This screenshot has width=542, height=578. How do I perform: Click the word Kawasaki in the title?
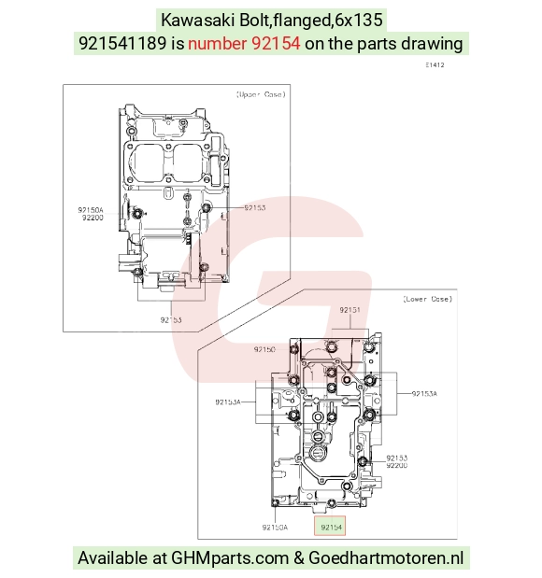pos(198,20)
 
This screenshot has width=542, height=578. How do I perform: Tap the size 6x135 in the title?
pos(358,20)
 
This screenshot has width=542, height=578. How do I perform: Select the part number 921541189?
pos(122,44)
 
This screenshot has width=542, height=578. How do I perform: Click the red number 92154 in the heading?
pos(276,44)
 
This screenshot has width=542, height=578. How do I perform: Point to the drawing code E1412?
pos(435,64)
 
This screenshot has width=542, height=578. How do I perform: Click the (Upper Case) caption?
pos(261,94)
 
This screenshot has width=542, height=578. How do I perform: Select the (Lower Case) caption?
pos(427,299)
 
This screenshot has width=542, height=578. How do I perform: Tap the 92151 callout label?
pos(349,310)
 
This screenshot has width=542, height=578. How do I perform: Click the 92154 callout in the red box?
pos(332,528)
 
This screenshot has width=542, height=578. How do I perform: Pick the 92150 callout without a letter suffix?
pos(264,349)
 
